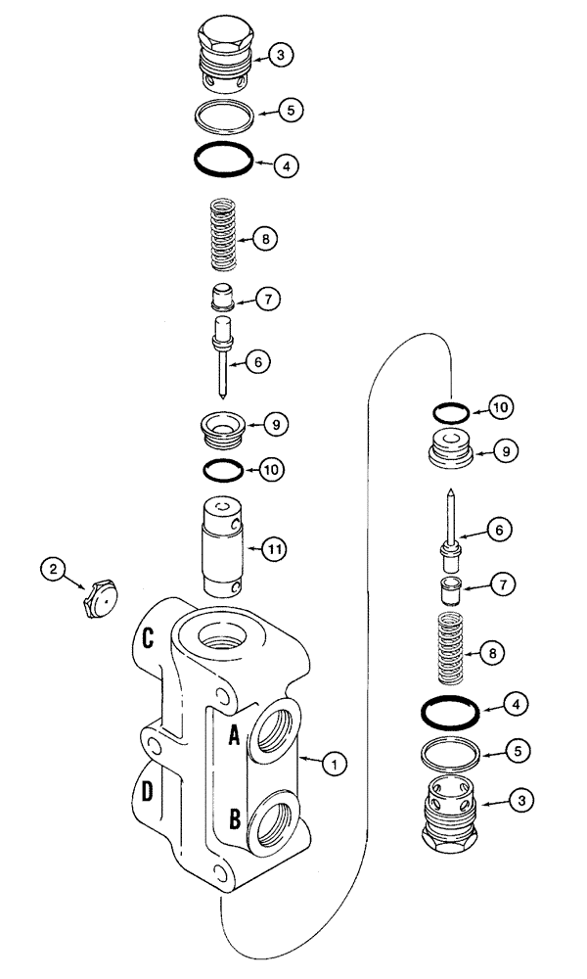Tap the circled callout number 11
[x=277, y=550]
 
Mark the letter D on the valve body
[x=147, y=791]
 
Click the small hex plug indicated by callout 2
[x=101, y=595]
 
